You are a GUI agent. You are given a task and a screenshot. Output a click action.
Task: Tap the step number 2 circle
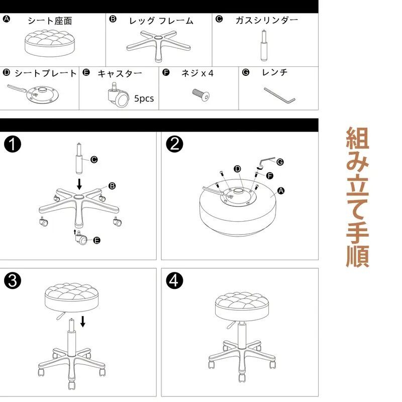click(174, 145)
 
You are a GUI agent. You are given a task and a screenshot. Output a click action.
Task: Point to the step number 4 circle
click(174, 281)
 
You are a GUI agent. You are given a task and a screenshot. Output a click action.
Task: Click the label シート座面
click(49, 21)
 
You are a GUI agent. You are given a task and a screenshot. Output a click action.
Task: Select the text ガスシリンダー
click(267, 20)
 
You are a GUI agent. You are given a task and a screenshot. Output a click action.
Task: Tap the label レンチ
click(275, 73)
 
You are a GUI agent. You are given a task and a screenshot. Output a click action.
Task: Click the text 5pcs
click(144, 98)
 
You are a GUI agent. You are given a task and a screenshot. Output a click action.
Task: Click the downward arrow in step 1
click(79, 181)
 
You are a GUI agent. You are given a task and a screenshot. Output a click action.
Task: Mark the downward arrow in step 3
click(83, 320)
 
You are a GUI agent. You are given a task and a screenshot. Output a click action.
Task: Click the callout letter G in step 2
click(280, 162)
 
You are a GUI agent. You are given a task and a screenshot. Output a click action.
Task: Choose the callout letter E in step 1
click(97, 241)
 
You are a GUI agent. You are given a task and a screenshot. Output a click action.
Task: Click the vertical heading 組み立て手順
click(357, 197)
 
